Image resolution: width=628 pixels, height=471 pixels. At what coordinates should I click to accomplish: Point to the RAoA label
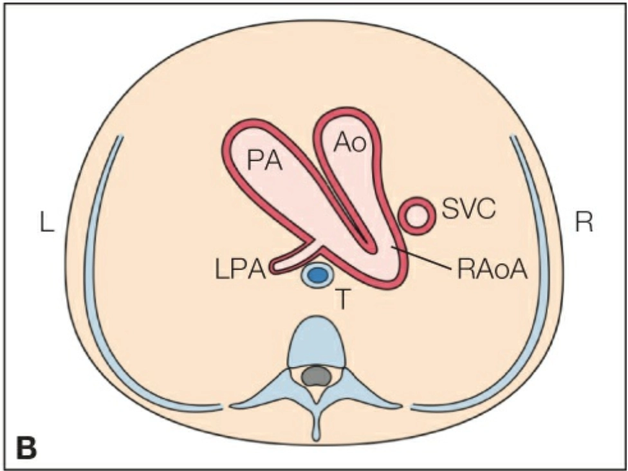click(492, 269)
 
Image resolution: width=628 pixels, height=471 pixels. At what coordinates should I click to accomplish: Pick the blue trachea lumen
click(316, 275)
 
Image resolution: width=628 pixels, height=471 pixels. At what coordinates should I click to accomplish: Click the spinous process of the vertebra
click(316, 425)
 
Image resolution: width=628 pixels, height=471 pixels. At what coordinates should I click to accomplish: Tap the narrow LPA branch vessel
click(293, 257)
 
